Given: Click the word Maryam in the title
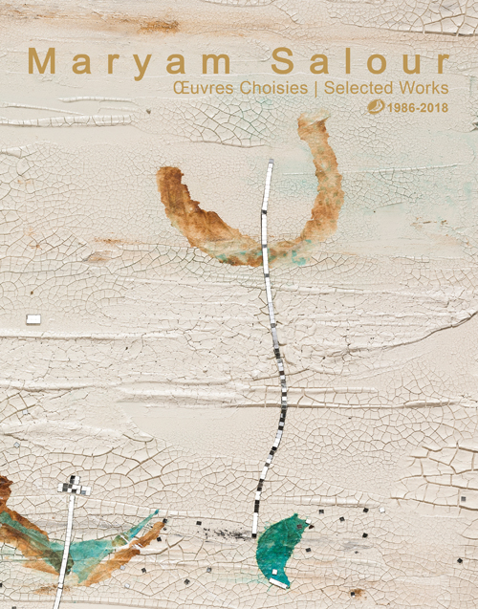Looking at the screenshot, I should pyautogui.click(x=128, y=62).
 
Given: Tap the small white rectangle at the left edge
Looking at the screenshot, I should pyautogui.click(x=34, y=318).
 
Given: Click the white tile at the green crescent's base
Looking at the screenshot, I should pyautogui.click(x=279, y=579).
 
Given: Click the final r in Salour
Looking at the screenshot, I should pyautogui.click(x=441, y=64).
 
